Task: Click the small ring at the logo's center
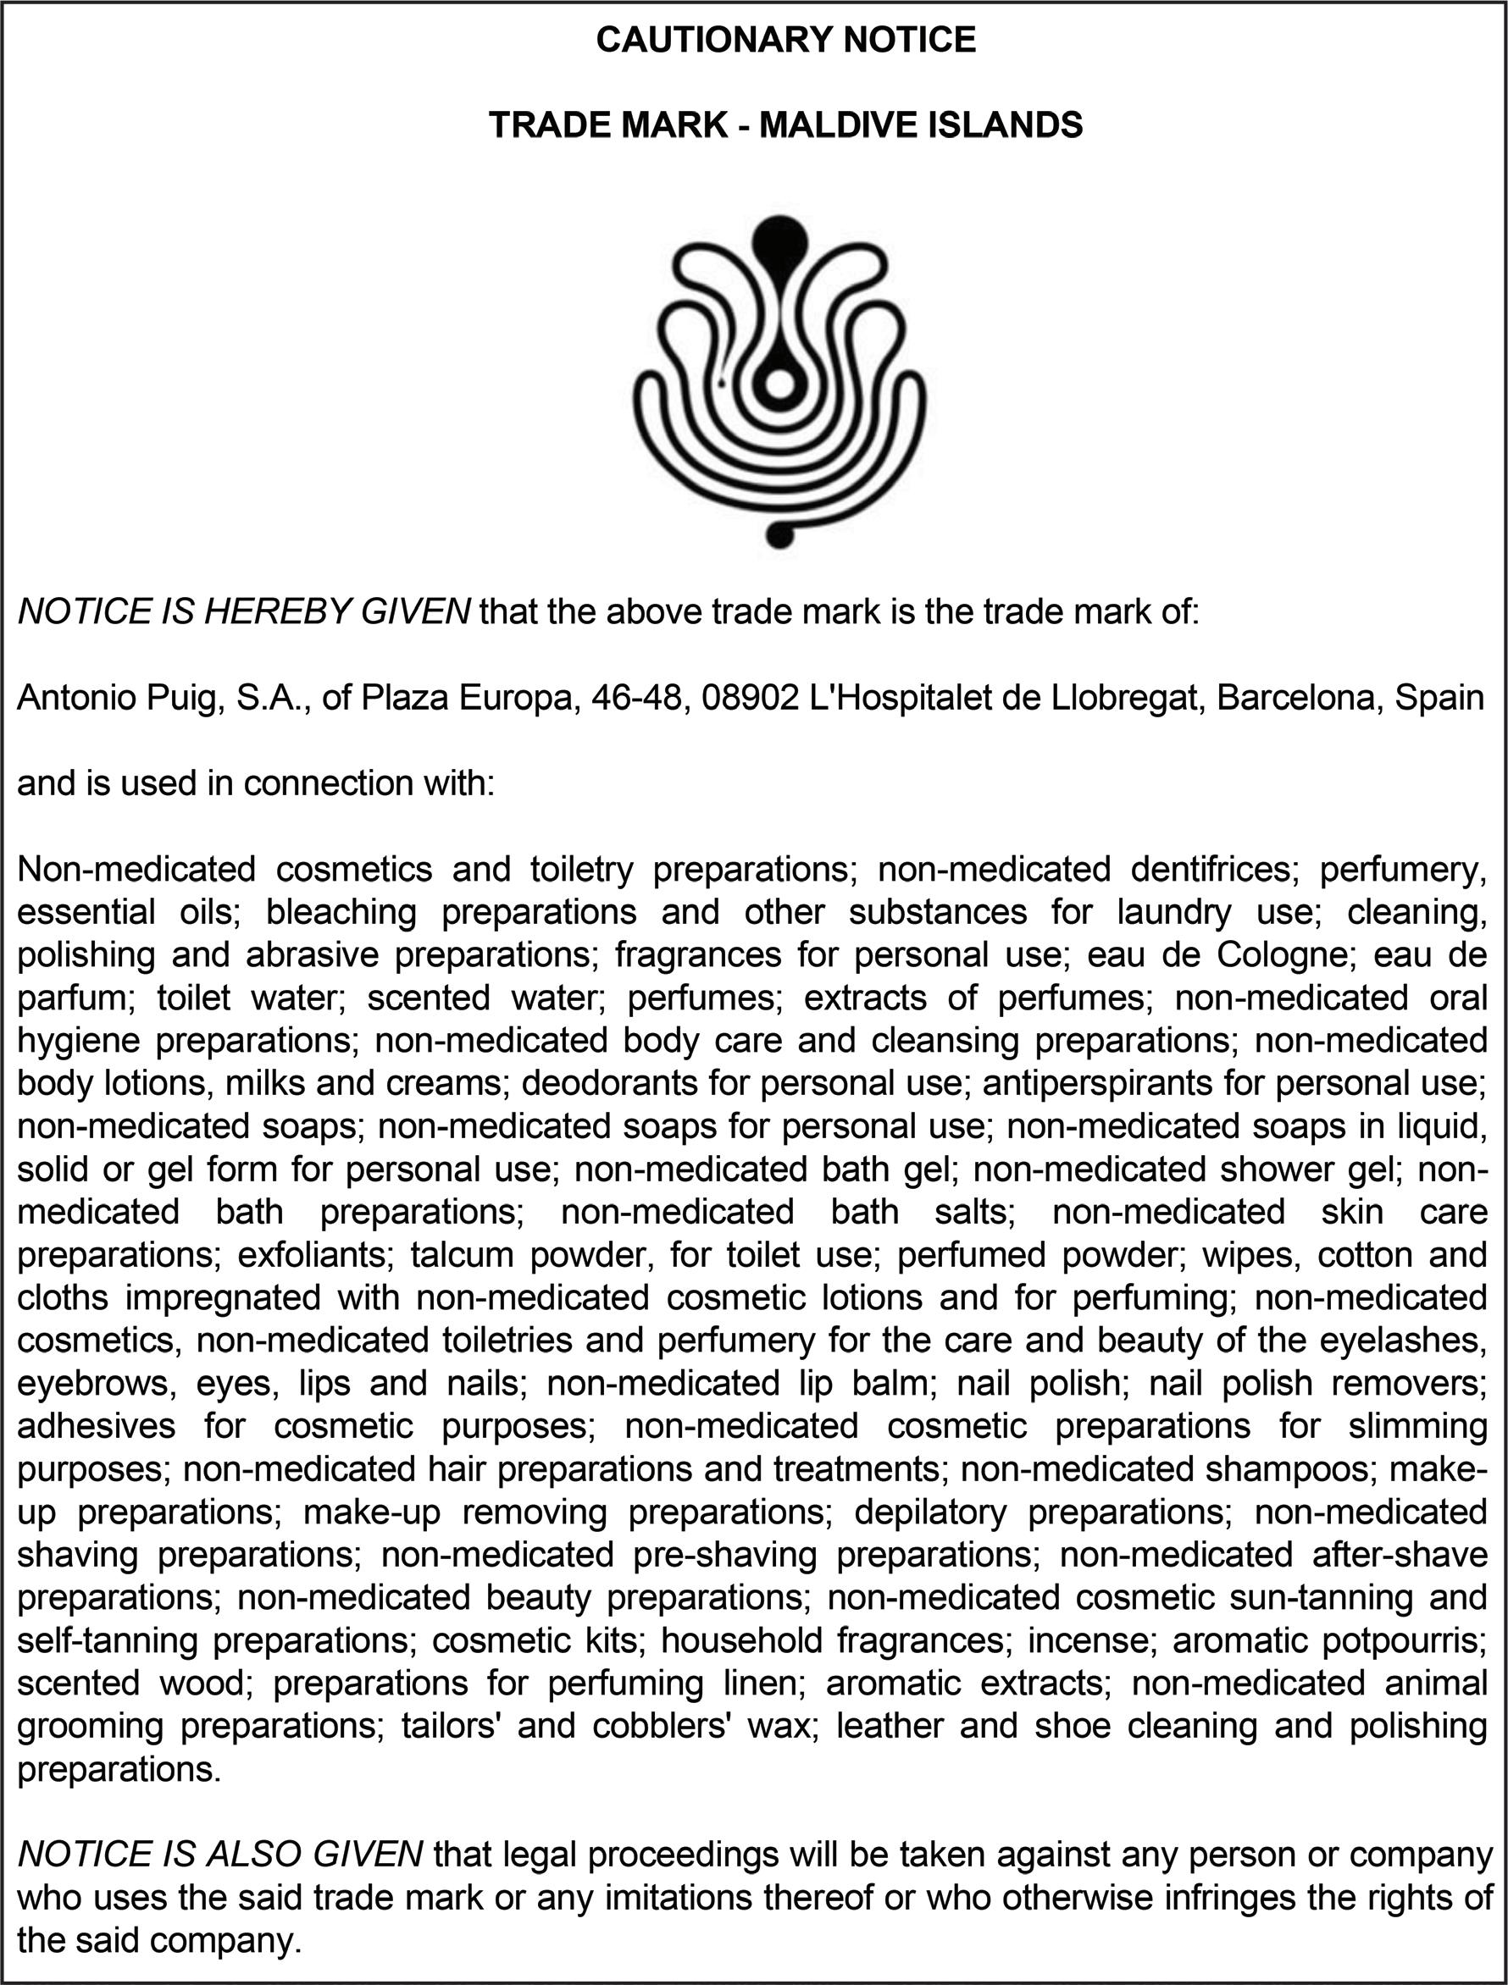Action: (x=779, y=384)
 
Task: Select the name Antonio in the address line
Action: (x=75, y=697)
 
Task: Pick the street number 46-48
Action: (x=639, y=697)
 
